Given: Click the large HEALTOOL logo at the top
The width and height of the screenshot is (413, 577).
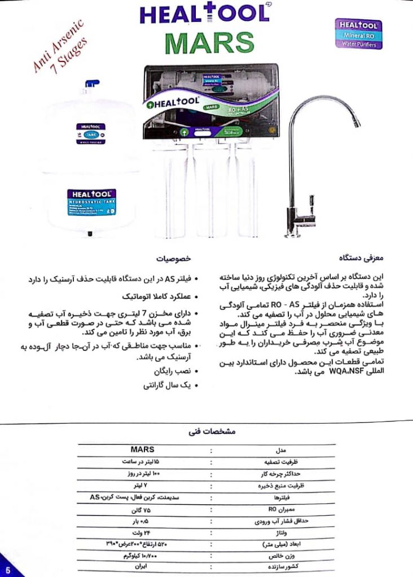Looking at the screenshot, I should point(204,14).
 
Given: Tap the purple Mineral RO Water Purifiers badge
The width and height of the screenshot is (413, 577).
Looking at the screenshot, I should point(358,34).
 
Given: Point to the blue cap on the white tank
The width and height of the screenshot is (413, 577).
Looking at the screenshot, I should point(91,87).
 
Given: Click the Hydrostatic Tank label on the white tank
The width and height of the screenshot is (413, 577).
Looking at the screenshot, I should point(91,202).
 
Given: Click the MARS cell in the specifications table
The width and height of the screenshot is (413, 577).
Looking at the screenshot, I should point(142,450).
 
